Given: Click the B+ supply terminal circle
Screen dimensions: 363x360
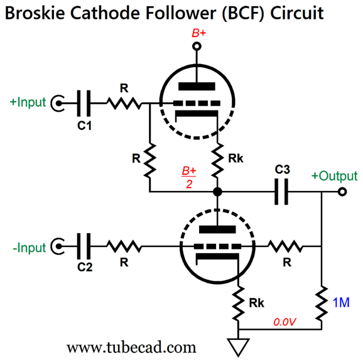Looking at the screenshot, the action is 197,46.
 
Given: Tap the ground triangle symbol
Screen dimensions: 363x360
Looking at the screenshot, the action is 238,347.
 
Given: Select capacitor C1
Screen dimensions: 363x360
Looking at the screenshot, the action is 84,103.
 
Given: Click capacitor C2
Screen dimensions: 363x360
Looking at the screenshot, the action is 84,246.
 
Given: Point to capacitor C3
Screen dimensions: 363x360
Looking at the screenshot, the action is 281,192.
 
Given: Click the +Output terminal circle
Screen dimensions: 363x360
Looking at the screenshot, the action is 342,192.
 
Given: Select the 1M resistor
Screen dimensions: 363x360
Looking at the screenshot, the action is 322,303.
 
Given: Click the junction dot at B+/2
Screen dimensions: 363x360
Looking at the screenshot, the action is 217,192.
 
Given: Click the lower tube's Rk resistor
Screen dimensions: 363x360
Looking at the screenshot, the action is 238,303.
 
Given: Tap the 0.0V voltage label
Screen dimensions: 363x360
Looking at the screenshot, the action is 284,322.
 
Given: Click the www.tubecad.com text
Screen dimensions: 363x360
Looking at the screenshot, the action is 131,347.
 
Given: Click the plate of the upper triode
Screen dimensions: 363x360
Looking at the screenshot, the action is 197,87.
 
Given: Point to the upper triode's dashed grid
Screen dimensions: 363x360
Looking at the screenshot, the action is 197,103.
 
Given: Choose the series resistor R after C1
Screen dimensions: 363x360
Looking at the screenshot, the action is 124,103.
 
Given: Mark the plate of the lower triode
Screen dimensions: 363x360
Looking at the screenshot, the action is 217,229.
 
